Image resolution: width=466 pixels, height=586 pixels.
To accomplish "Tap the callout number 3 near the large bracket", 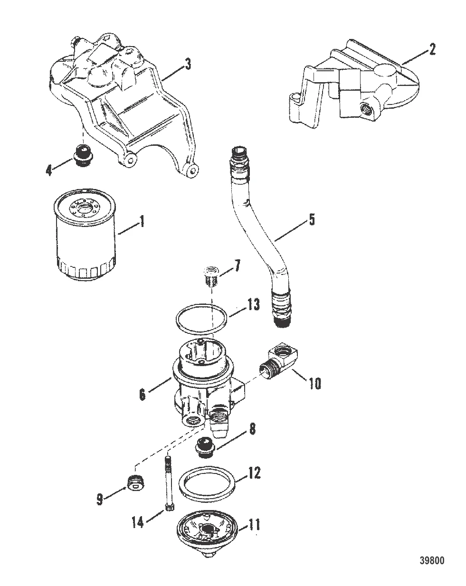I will [x=188, y=64].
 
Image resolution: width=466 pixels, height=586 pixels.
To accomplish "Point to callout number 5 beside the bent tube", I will [x=311, y=221].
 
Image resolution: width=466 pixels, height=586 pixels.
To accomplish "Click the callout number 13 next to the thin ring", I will [x=253, y=304].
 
